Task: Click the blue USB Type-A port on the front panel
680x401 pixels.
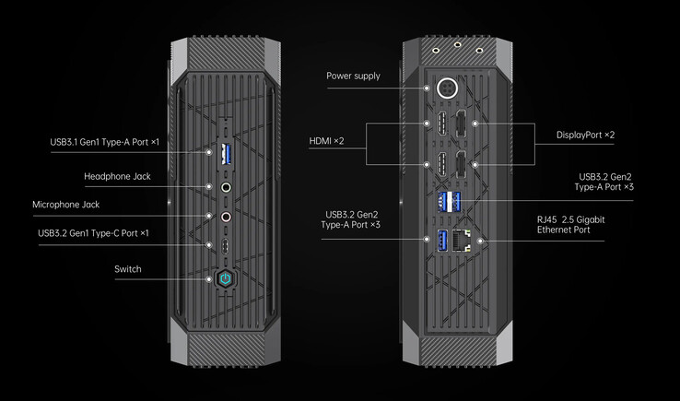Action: pos(226,152)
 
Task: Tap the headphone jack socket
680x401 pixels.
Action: pos(226,185)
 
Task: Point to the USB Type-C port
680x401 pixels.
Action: pos(226,245)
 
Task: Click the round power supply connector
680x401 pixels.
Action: pos(451,89)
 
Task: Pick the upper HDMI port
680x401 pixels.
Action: pos(442,124)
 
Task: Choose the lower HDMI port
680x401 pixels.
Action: pos(442,165)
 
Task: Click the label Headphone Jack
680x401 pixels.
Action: pos(117,176)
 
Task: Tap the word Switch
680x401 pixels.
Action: pos(127,269)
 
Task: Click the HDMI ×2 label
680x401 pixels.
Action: pos(326,140)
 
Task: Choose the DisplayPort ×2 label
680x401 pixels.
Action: pos(585,135)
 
